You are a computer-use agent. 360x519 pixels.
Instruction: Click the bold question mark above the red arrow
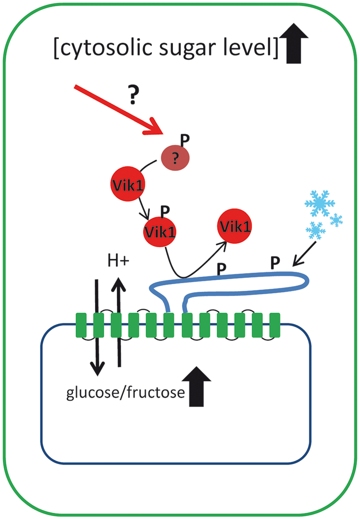134,97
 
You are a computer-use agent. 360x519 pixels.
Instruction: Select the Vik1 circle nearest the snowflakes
234,226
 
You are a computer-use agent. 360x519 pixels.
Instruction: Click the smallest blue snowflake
336,219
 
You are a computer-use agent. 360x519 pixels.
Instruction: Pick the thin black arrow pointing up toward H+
118,322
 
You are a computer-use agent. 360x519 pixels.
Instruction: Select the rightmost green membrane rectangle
274,325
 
